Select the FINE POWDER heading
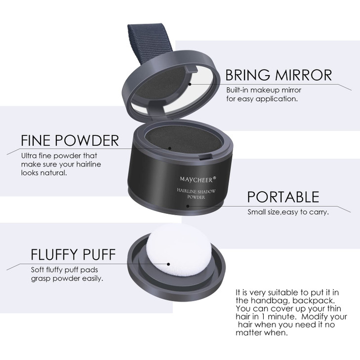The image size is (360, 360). [70, 140]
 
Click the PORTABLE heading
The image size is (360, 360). [283, 197]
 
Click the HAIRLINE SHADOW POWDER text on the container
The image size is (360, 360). [188, 194]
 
